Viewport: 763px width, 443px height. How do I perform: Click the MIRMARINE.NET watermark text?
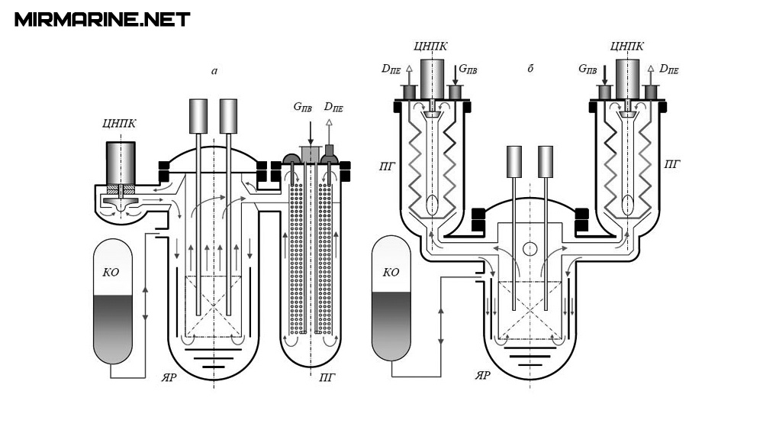[x=102, y=19]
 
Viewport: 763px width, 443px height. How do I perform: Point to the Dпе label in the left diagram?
[x=333, y=108]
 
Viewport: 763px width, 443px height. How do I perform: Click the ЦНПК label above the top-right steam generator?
[x=628, y=45]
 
